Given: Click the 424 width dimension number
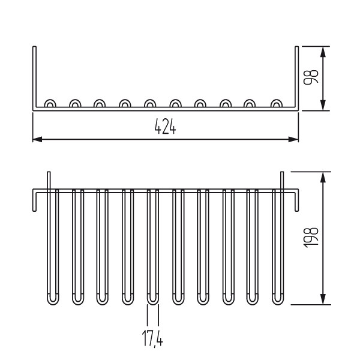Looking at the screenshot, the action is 166,126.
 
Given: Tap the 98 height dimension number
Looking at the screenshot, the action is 311,77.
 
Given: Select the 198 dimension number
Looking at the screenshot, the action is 311,238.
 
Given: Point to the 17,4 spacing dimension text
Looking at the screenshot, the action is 152,338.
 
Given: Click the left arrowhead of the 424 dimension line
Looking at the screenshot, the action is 37,139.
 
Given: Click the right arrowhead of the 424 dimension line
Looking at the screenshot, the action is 293,139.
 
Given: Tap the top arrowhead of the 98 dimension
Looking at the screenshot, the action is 323,52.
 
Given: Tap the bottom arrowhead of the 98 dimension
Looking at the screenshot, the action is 323,105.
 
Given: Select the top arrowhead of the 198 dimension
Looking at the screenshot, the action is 323,177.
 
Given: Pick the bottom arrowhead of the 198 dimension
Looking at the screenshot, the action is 323,299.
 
